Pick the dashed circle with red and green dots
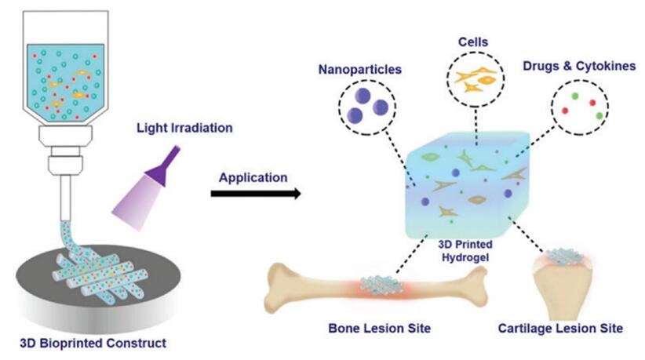coord(581,108)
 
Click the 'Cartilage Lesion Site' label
coord(565,328)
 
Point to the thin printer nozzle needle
coord(65,199)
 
